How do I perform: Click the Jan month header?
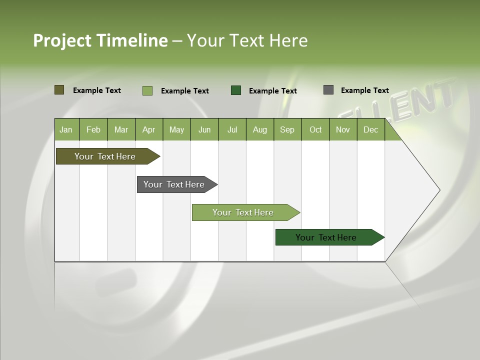coord(66,129)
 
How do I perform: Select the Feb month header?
coord(93,129)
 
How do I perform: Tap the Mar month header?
coord(121,129)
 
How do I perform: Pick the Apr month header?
coord(149,129)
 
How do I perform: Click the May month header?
coord(176,129)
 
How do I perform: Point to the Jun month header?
coord(204,129)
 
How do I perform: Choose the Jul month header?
coord(232,129)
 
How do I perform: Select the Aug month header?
coord(260,129)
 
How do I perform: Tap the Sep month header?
coord(287,129)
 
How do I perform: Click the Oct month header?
coord(315,129)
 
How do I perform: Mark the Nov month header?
coord(343,129)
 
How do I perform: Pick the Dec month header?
coord(371,129)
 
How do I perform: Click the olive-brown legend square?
coord(59,90)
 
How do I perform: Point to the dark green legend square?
coord(236,90)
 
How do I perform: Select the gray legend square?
coord(328,90)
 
